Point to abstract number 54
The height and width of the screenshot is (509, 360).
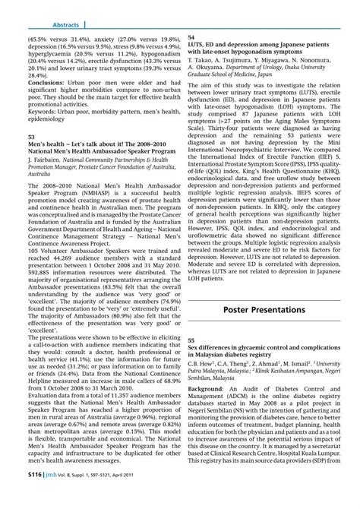(x=191, y=37)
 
